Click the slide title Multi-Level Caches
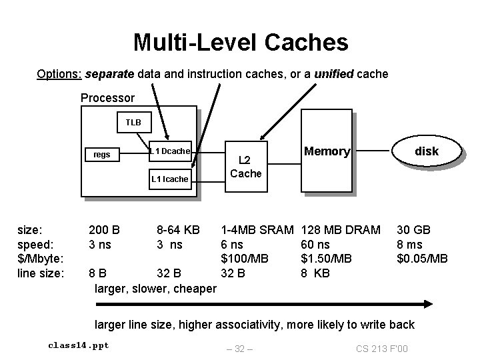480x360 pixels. [240, 43]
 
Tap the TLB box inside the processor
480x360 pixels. [134, 123]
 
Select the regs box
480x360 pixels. [102, 155]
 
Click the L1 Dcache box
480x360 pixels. [169, 151]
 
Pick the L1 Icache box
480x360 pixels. [169, 179]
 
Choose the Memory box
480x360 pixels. [327, 152]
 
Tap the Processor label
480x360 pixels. [107, 98]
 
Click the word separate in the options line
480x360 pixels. [109, 73]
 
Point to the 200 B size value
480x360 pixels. [104, 230]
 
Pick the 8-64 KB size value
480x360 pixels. [178, 230]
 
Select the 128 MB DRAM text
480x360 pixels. [341, 230]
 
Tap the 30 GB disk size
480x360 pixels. [413, 230]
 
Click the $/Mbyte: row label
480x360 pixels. [41, 258]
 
